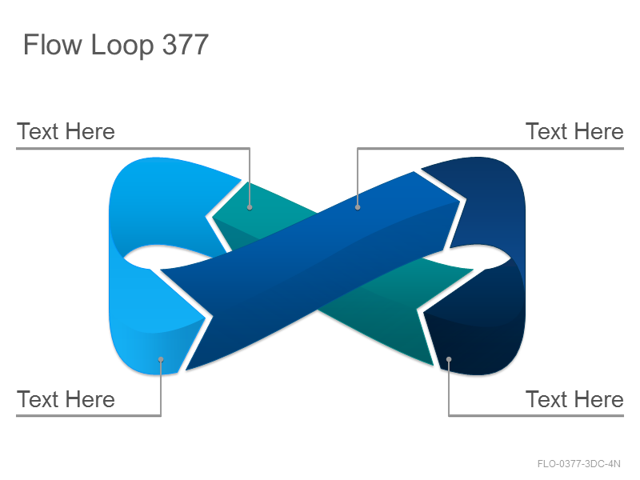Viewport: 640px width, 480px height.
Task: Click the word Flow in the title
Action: (x=53, y=45)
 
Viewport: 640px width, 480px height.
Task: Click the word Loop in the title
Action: (x=122, y=46)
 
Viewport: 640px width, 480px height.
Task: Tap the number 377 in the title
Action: (x=186, y=45)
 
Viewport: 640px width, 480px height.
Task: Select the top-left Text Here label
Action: (x=66, y=131)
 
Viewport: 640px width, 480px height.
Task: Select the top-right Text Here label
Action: (x=574, y=131)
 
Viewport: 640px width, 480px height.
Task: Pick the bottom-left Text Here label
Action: (x=66, y=399)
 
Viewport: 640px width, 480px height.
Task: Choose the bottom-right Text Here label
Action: (x=574, y=399)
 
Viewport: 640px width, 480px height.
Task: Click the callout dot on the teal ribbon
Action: (x=250, y=207)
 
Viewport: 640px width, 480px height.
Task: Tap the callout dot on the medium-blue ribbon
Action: (x=358, y=207)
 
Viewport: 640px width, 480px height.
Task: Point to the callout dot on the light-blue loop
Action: (x=161, y=359)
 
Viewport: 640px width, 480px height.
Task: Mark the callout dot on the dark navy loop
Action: (x=449, y=359)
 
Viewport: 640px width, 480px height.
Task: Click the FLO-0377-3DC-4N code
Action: (x=578, y=464)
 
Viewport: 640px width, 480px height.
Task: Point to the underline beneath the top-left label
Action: (x=133, y=148)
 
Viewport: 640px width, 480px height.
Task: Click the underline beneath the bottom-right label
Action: (x=536, y=415)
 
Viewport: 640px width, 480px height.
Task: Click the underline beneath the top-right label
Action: (x=490, y=148)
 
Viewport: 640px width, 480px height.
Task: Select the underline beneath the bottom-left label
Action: (x=89, y=415)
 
